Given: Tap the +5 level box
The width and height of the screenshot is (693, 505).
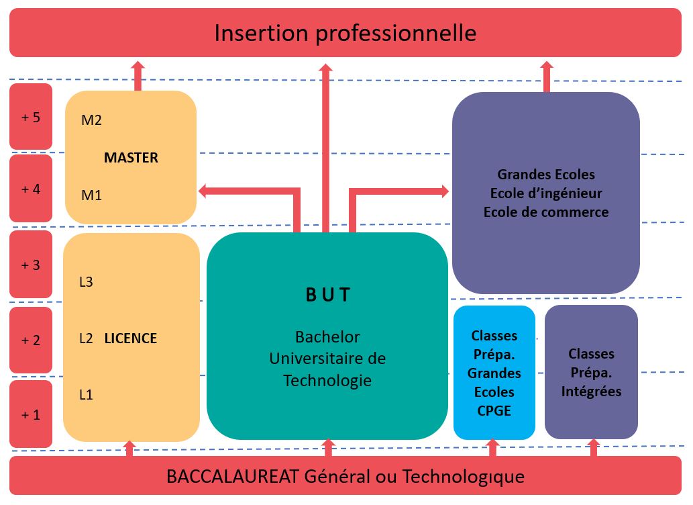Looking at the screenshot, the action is (31, 116).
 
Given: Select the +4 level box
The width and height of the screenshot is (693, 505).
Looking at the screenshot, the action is (31, 188).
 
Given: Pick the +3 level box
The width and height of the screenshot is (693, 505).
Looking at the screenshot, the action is (31, 264).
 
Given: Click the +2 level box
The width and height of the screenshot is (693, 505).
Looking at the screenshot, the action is (31, 340).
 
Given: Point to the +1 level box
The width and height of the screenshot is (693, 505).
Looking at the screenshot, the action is (31, 414).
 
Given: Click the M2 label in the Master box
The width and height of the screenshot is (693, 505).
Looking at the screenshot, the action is (91, 120).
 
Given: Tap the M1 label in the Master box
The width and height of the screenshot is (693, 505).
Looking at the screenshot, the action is (91, 195).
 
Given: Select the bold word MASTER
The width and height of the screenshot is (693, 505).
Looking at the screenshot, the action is (131, 158).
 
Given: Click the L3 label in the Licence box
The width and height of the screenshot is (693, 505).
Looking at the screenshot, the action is (86, 282).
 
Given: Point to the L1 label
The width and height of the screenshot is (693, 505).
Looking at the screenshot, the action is (86, 394).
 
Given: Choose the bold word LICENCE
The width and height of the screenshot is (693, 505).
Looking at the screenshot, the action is (131, 338).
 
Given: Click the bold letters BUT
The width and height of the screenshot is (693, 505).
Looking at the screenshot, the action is (328, 295).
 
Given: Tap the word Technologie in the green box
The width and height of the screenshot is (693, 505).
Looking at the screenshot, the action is (327, 380).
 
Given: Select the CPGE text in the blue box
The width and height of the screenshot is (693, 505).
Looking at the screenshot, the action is (494, 411).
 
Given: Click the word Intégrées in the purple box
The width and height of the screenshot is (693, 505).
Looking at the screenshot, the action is (591, 392).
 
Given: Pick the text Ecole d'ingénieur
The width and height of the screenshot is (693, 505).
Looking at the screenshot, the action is (546, 193).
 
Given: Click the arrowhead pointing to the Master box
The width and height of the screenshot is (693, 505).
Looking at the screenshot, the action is (204, 191).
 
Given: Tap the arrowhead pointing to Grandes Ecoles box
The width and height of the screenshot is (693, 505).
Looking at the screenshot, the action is (443, 191).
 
